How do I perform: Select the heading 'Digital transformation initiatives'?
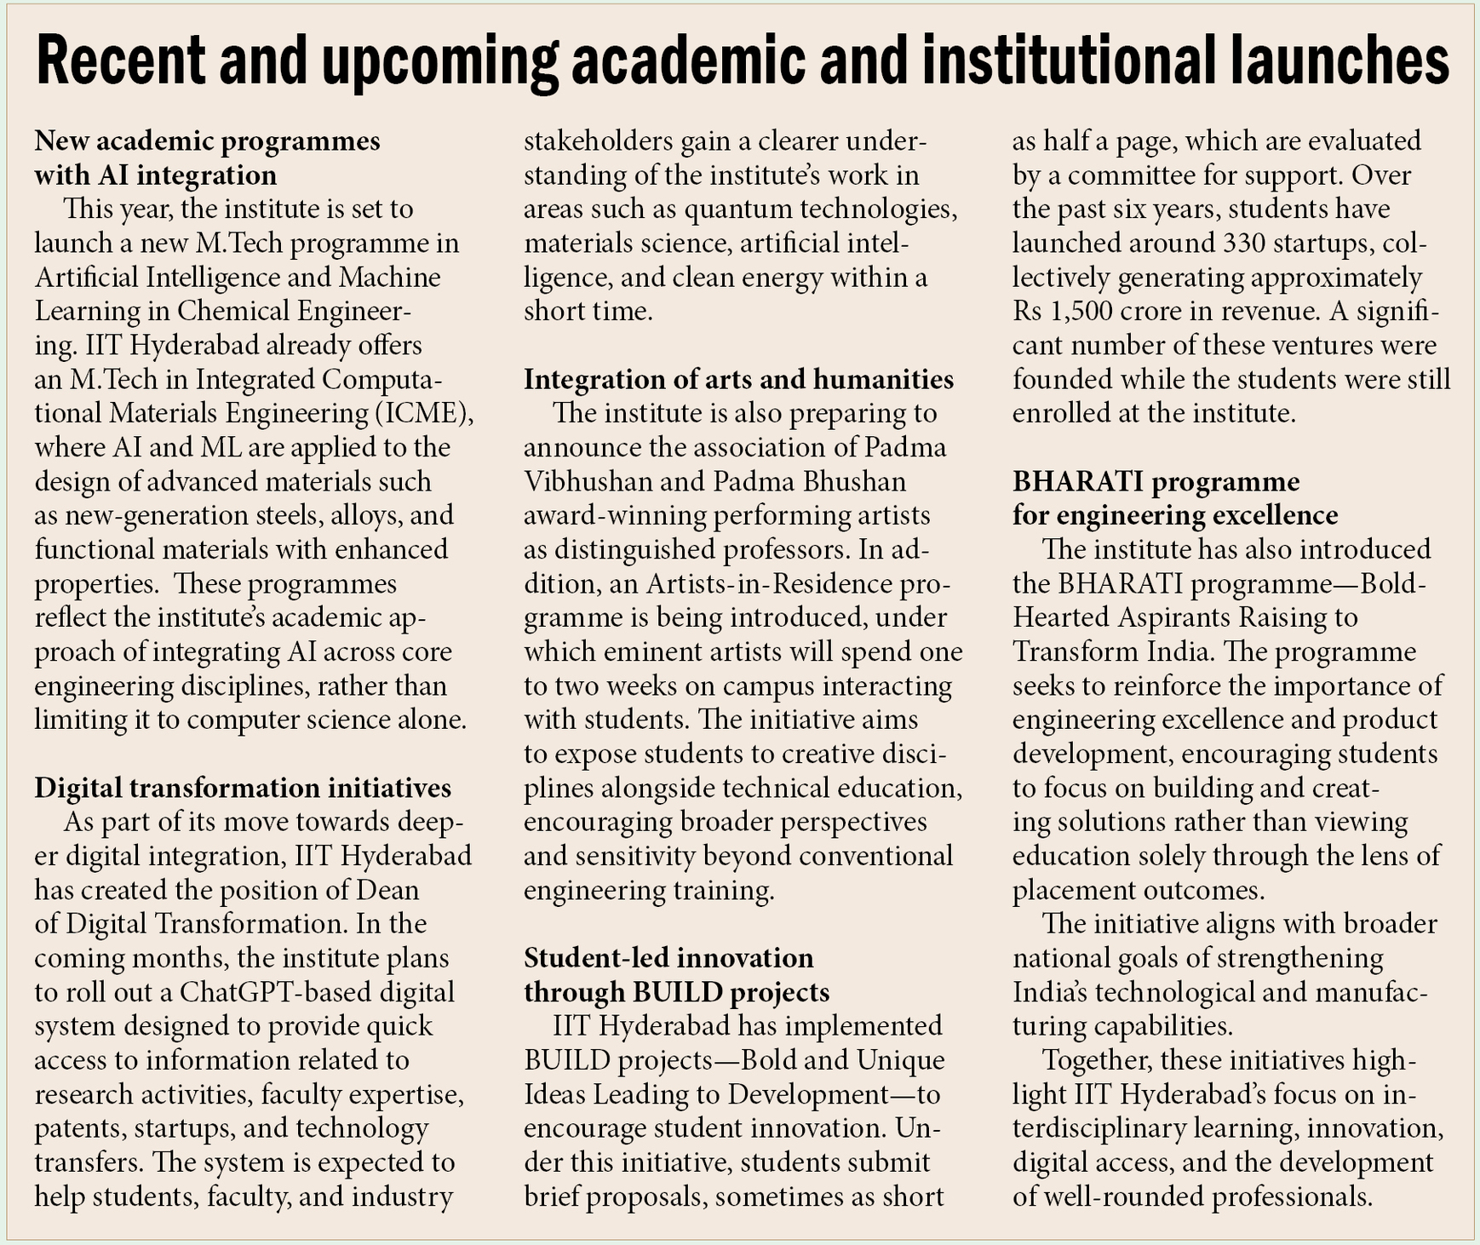243,788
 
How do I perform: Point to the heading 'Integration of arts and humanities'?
738,379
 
